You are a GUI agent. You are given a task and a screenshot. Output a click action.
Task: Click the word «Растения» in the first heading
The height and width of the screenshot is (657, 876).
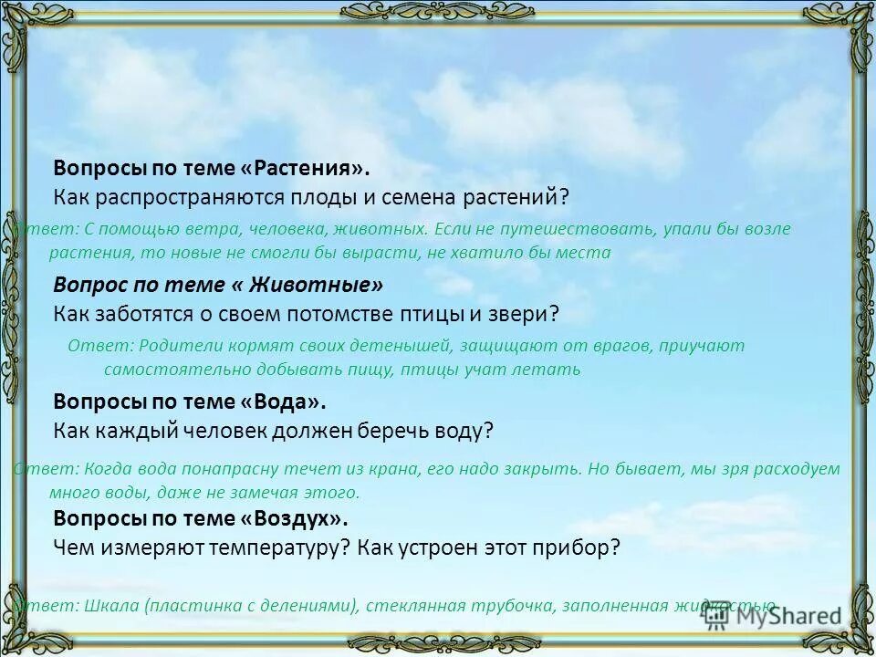(310, 169)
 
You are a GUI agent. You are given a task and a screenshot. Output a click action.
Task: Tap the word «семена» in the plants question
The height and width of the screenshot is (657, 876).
(414, 196)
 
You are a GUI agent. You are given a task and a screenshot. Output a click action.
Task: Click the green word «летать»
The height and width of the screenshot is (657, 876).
(550, 370)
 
